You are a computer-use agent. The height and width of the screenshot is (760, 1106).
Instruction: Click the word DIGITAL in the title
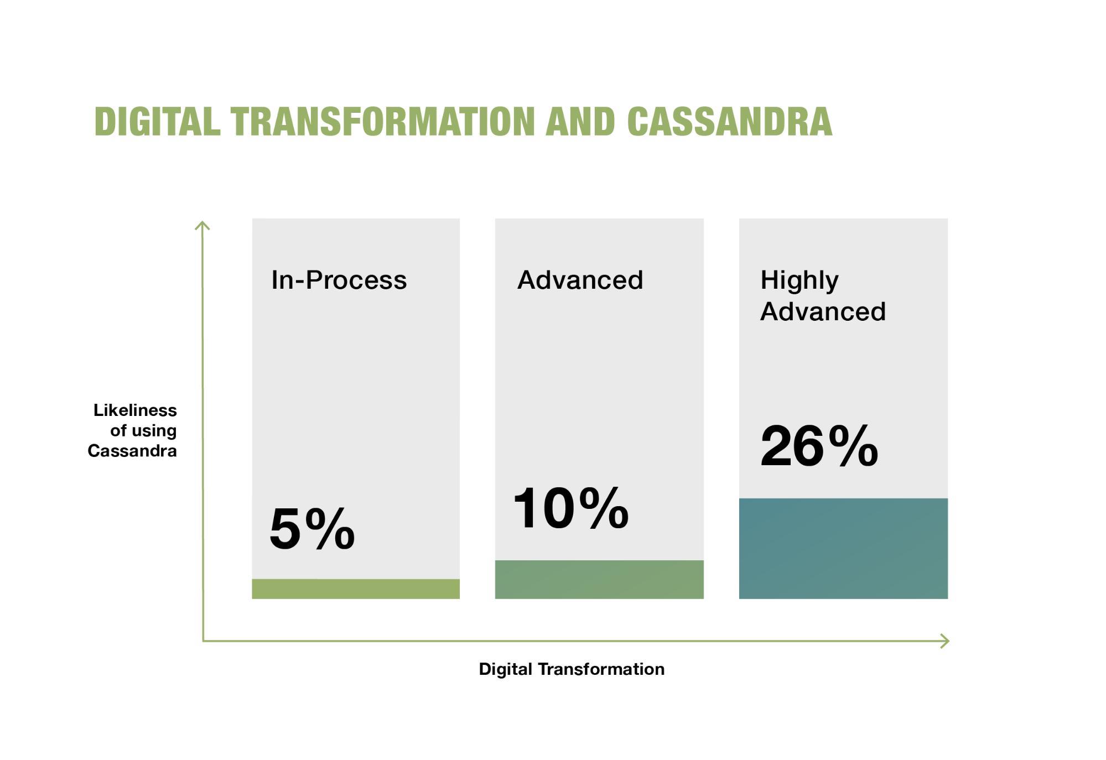tap(157, 122)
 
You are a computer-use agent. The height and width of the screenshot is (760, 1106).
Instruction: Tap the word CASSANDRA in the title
tap(729, 122)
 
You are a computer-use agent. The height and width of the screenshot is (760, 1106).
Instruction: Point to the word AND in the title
tap(580, 122)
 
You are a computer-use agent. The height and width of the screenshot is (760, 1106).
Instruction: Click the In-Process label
tap(339, 280)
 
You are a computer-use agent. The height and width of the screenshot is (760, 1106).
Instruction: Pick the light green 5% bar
tap(356, 589)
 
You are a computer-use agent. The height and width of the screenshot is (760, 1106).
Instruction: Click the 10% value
tap(570, 508)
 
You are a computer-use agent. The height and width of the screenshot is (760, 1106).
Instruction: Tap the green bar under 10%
tap(599, 579)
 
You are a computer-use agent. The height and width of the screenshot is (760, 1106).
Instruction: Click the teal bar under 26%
tap(843, 548)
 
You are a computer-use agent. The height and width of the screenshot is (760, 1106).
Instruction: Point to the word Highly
tap(799, 280)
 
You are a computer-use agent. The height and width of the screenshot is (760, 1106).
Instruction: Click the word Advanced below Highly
tap(823, 312)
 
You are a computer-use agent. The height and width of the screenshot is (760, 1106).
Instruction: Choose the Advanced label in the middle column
tap(580, 280)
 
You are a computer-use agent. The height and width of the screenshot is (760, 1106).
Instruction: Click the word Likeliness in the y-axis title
tap(135, 410)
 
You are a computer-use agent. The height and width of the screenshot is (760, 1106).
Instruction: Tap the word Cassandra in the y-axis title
tap(132, 451)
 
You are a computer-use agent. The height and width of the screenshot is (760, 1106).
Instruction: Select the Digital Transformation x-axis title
tap(572, 669)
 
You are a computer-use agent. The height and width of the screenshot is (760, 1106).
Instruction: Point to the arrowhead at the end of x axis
tap(946, 641)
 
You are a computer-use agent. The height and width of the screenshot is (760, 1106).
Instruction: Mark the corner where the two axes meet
tap(203, 641)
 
